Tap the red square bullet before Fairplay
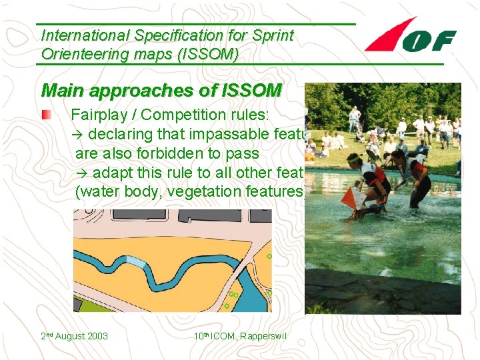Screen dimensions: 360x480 tap(46, 115)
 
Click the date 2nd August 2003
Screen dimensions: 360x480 tap(74, 336)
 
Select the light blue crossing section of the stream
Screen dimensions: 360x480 tap(135, 262)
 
